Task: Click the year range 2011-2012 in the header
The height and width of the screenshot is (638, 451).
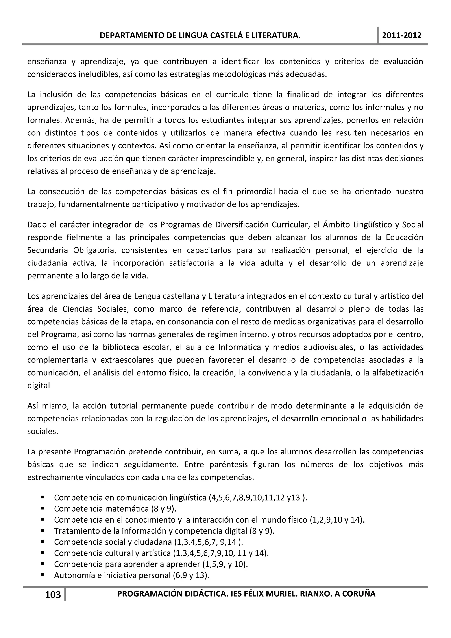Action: [x=402, y=35]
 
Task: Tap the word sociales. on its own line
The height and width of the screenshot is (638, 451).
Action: [x=43, y=431]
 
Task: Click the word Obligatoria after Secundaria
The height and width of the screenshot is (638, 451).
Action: [x=94, y=250]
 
